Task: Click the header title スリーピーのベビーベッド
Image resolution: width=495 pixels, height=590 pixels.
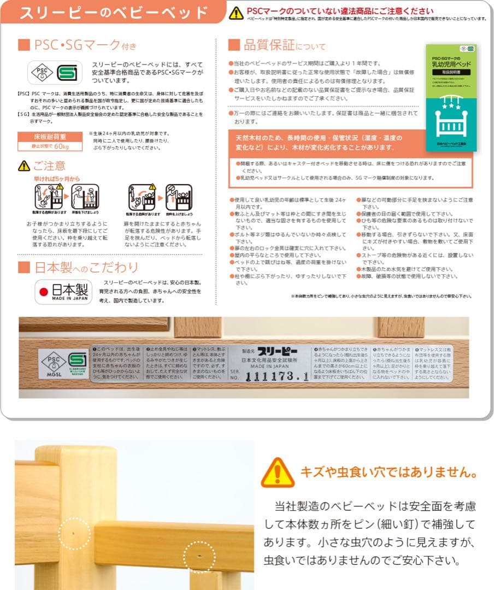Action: tap(113, 13)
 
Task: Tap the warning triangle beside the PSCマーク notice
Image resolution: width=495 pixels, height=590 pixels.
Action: tap(236, 13)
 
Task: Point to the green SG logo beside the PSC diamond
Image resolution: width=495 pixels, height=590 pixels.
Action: tap(68, 72)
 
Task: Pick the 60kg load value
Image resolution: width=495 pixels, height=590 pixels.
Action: tap(61, 146)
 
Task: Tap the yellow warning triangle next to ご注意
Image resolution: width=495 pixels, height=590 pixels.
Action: tap(24, 166)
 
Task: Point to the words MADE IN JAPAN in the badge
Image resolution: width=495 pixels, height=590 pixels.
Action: tap(70, 299)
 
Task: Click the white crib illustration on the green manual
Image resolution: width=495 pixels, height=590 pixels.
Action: tap(451, 122)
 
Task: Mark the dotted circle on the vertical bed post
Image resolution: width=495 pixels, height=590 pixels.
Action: tap(74, 533)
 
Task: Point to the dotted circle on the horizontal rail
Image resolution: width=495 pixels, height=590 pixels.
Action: tap(199, 557)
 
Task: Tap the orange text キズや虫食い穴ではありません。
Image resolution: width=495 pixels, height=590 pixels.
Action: tap(388, 472)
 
